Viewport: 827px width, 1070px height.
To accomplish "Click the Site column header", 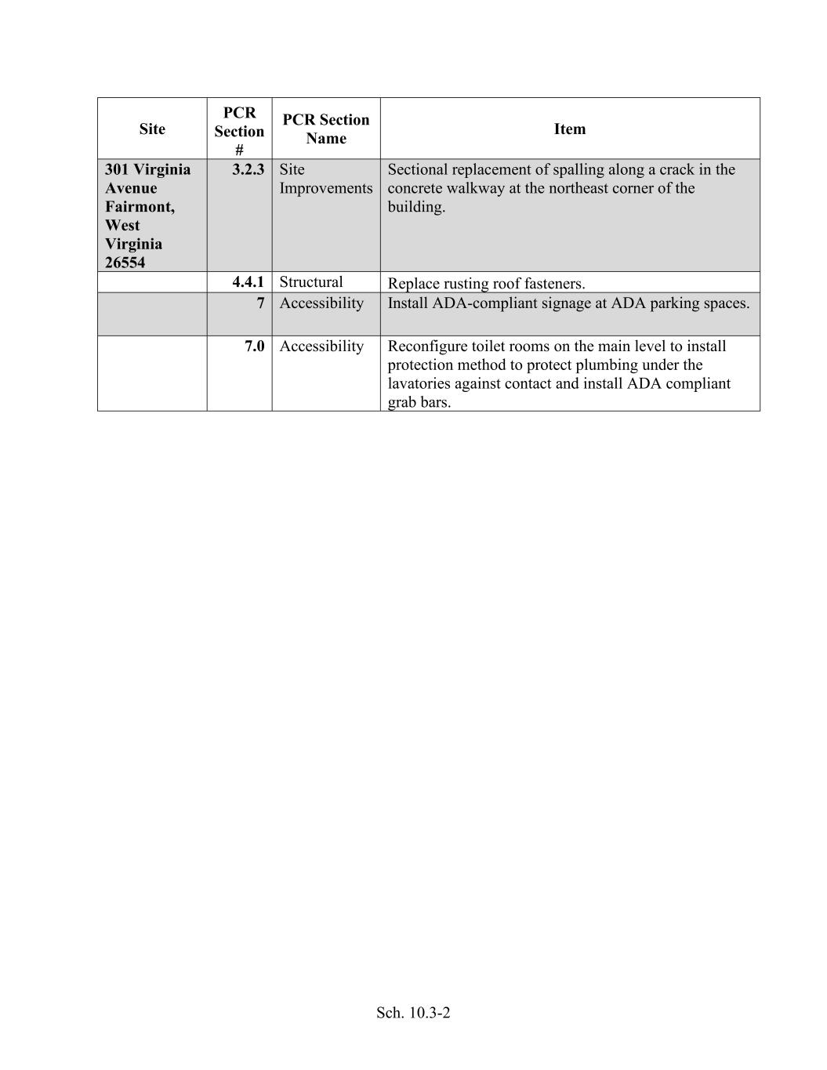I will click(152, 129).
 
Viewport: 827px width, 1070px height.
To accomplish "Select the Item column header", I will click(570, 129).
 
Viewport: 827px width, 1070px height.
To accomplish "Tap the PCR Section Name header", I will click(325, 129).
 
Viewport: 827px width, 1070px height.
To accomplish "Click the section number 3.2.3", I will click(248, 169).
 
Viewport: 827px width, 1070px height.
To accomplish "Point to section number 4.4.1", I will click(248, 282).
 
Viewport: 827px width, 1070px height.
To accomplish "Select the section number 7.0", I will click(254, 346).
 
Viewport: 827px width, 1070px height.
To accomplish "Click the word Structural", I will click(311, 282).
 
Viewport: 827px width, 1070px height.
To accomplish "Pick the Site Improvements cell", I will click(325, 179).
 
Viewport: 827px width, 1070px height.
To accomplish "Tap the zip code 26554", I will click(125, 263).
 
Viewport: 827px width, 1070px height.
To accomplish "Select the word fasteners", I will click(553, 284).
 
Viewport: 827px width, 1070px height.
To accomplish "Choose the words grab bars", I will click(419, 403).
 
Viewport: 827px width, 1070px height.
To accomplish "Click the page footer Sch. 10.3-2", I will click(413, 1013).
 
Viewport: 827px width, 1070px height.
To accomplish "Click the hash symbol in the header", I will click(239, 149).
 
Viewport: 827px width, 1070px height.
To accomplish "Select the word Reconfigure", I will click(428, 346).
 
